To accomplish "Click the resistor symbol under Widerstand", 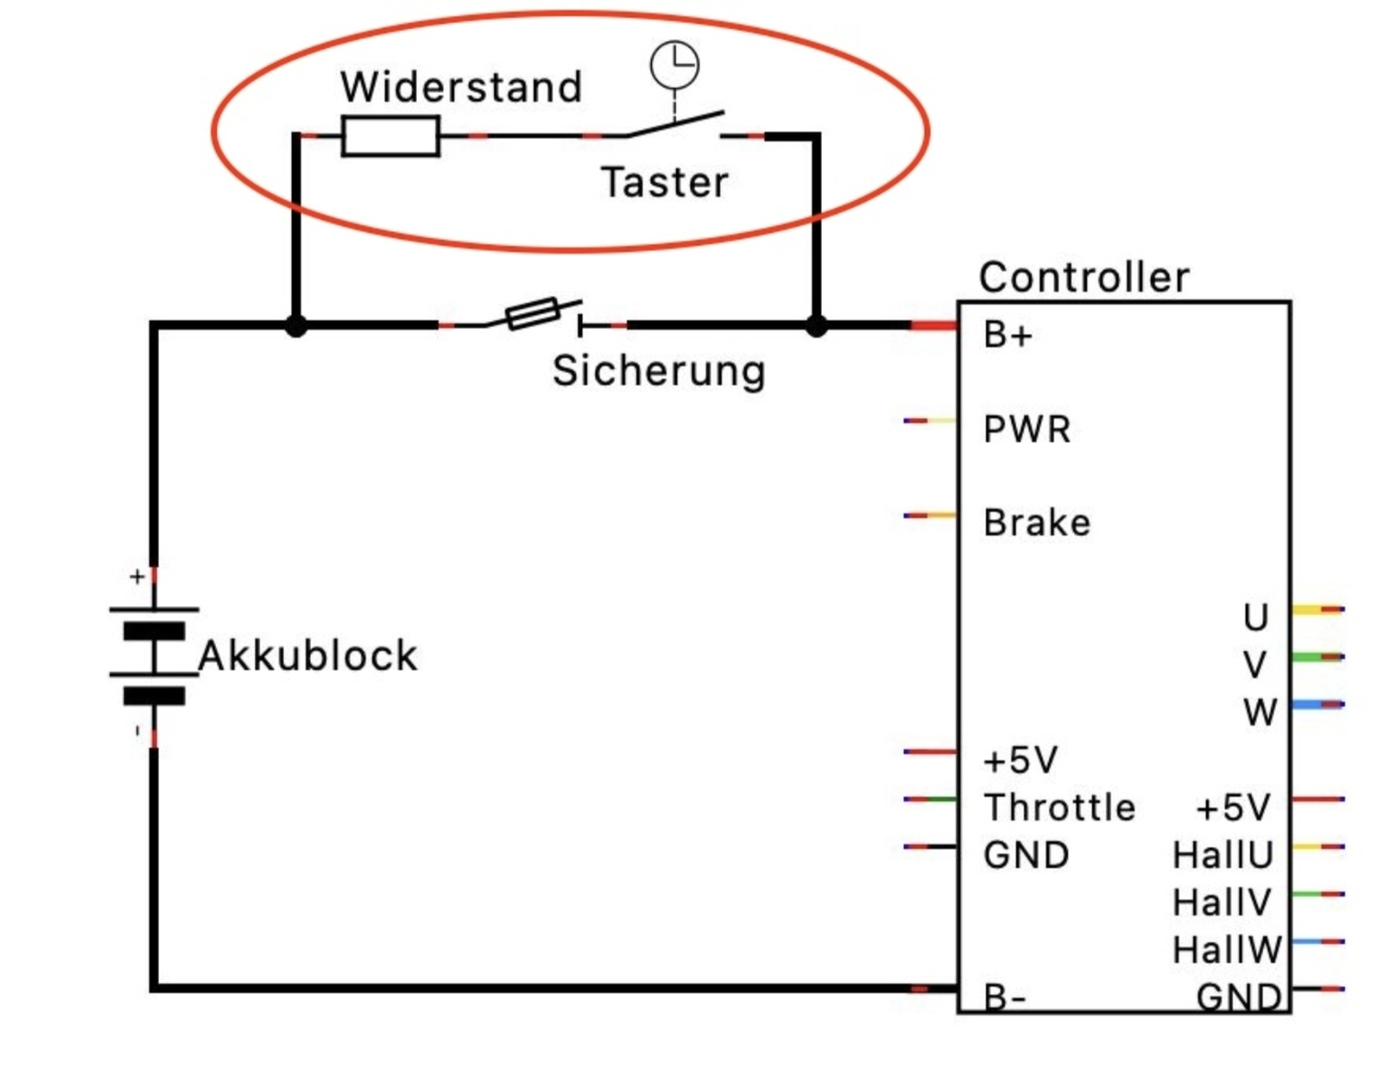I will tap(390, 137).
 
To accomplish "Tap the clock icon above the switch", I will tap(675, 65).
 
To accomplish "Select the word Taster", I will tap(665, 183).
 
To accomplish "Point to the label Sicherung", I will tap(659, 371).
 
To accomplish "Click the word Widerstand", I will tap(461, 88).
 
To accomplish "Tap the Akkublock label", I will tap(307, 656).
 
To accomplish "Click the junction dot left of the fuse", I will tap(296, 326).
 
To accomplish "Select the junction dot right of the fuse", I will tap(816, 326).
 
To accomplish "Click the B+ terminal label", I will tap(1007, 336).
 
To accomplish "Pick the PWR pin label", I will tap(1026, 430).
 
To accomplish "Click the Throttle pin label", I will tap(1059, 808).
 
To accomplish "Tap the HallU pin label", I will tap(1223, 855).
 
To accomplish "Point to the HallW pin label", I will tap(1226, 950).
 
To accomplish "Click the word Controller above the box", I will tap(1084, 277).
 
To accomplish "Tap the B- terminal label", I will tap(1005, 997).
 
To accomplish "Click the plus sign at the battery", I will tap(137, 576).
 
